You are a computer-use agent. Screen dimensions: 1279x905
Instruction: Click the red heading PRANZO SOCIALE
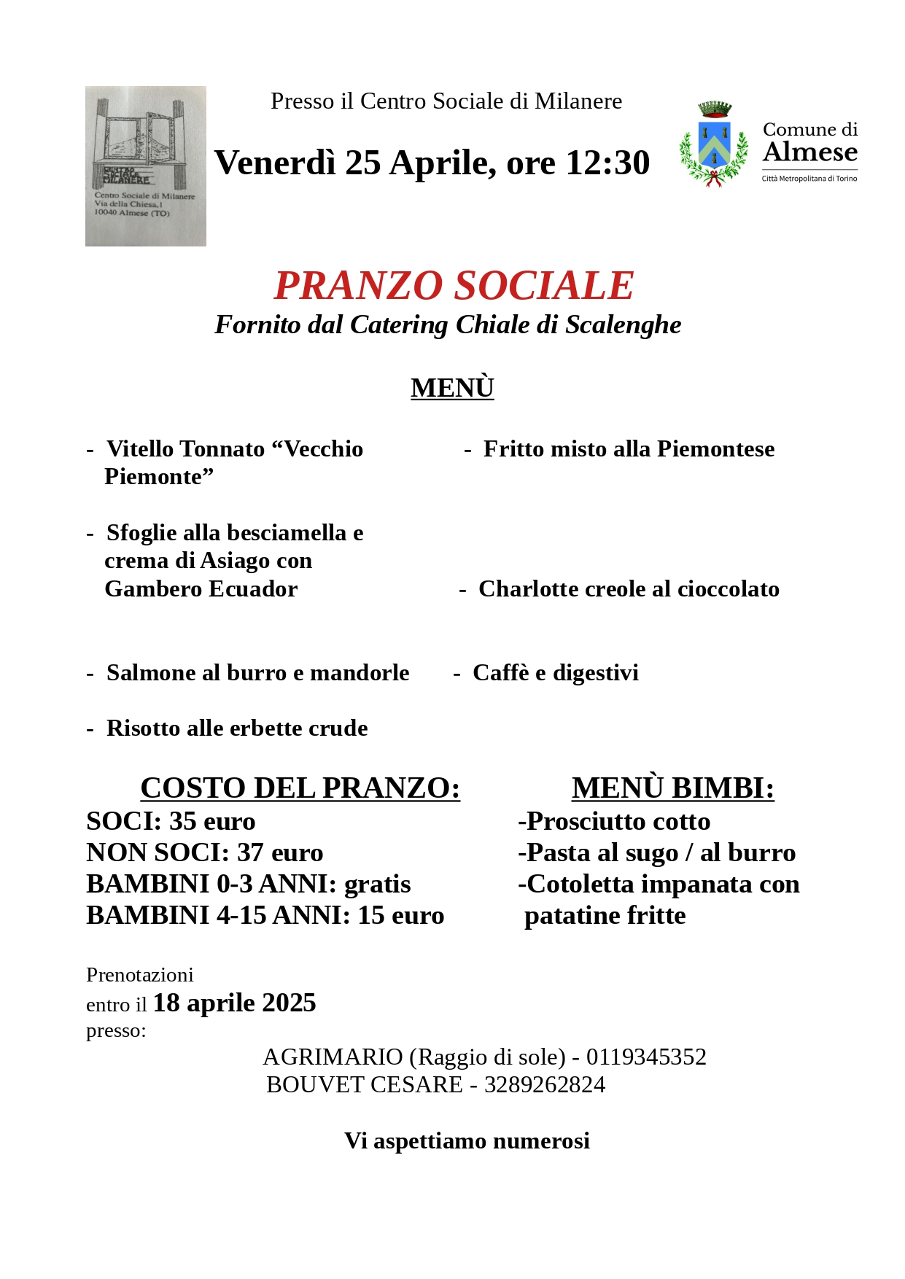454,285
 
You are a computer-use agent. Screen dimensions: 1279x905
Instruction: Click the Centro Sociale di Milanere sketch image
146,166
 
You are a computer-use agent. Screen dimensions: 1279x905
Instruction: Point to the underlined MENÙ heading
452,388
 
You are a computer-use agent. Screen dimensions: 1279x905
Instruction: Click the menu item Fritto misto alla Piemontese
629,449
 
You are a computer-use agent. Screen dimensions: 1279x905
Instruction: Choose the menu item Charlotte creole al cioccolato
629,589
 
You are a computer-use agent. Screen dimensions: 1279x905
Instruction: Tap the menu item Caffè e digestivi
555,673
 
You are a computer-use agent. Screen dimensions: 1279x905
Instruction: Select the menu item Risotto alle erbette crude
237,728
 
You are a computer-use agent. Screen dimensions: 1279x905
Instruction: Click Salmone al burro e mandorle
257,673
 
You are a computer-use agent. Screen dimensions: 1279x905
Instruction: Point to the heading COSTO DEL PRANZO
300,788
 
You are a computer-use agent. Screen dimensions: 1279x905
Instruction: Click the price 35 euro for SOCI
212,822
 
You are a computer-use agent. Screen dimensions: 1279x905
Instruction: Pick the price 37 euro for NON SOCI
280,853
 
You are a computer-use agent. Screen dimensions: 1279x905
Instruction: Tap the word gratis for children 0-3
377,885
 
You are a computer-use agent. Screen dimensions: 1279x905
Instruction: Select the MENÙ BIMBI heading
672,788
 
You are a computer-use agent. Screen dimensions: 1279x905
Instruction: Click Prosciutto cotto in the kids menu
618,822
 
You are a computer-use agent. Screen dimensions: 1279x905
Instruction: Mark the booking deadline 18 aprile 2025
234,1003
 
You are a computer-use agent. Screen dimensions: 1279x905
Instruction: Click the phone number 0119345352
646,1057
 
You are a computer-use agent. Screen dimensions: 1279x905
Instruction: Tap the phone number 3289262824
545,1085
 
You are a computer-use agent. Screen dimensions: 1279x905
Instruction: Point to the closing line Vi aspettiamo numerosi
467,1141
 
